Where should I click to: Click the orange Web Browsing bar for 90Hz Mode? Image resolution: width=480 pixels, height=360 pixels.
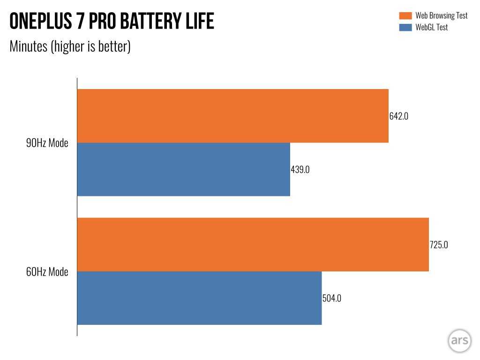coord(232,116)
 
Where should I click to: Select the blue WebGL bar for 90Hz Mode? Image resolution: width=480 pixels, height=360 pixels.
coord(183,169)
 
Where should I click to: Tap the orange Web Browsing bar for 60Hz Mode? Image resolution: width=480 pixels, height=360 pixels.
coord(253,244)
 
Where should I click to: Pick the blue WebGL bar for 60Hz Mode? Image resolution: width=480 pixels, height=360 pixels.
coord(199,298)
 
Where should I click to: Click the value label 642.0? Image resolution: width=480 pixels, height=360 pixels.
coord(399,116)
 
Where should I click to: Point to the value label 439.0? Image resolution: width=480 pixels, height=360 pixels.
coord(300,170)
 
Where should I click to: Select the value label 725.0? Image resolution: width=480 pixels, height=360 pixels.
coord(439,244)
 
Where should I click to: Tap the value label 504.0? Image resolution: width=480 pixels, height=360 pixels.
coord(332,298)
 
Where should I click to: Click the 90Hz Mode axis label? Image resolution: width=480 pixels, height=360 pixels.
coord(47,143)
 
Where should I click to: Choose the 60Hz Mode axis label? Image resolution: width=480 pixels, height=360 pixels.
coord(47,272)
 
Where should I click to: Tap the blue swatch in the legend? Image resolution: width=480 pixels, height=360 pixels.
coord(405,28)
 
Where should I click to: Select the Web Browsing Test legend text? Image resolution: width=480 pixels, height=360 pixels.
coord(441,16)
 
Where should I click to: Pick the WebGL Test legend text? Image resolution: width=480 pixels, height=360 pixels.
coord(431,27)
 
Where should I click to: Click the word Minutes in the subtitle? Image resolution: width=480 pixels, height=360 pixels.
coord(29,46)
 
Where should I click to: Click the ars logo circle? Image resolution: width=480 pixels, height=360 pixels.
coord(459,341)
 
